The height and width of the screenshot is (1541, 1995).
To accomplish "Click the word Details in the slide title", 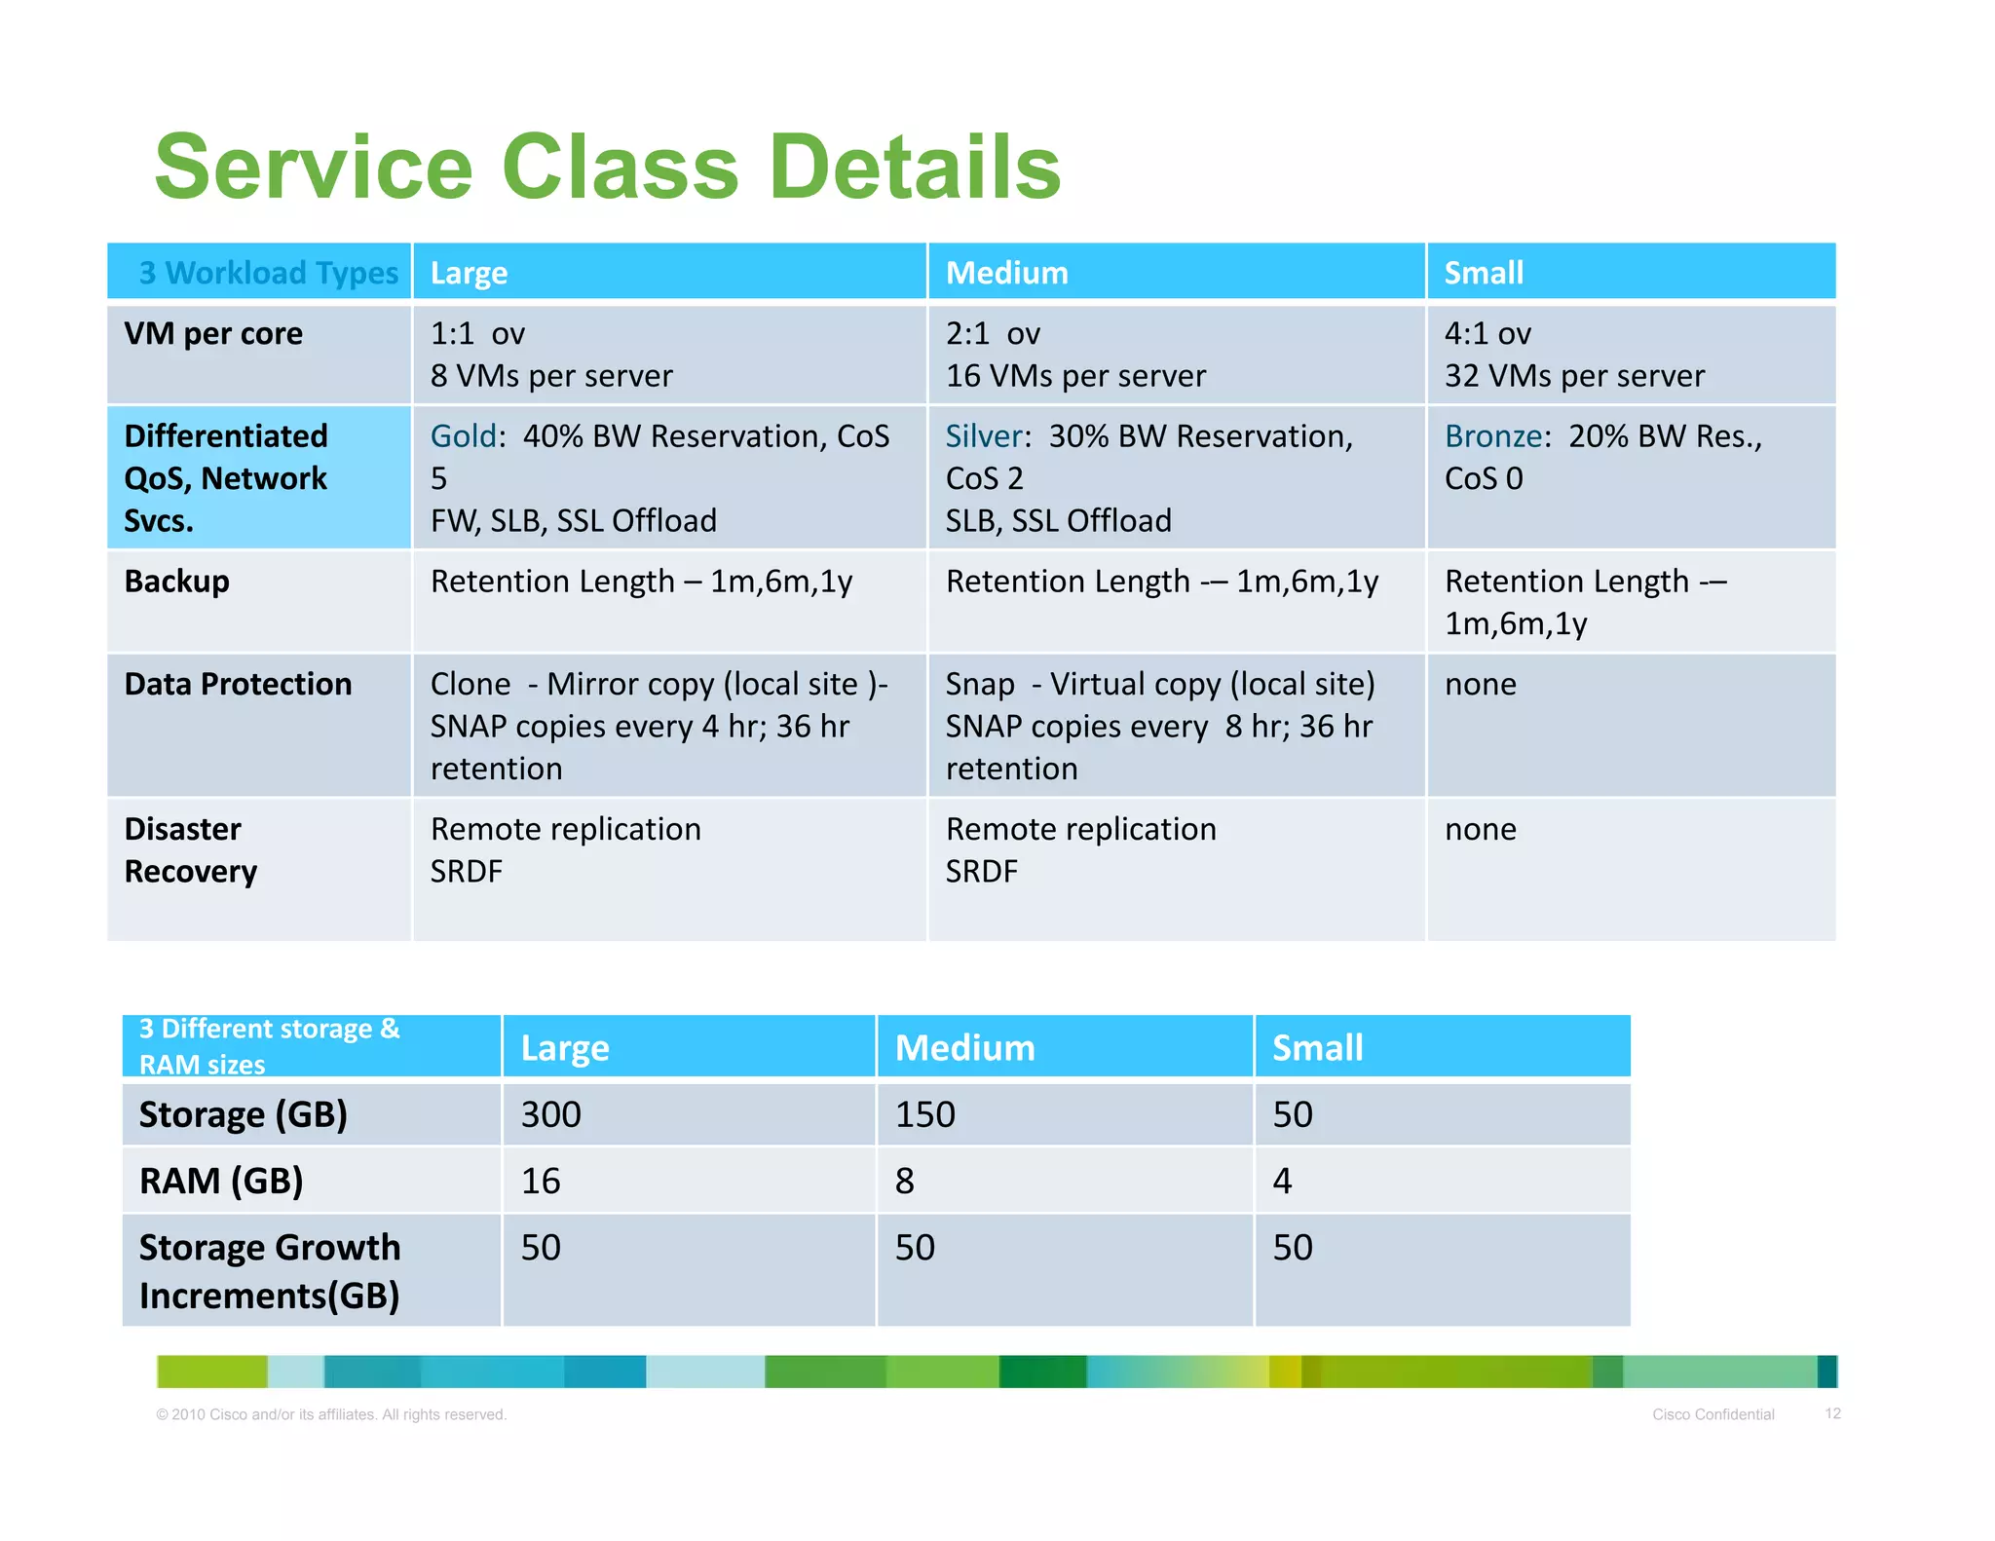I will [914, 168].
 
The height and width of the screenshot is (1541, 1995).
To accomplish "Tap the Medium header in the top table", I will [1006, 273].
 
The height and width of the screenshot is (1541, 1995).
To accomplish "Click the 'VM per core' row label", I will [213, 334].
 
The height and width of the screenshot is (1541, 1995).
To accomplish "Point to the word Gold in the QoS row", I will [463, 436].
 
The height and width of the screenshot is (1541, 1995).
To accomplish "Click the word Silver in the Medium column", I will [983, 436].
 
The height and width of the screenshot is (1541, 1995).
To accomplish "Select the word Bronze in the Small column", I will [1492, 436].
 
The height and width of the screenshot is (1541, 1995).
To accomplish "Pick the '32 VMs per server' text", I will [1573, 376].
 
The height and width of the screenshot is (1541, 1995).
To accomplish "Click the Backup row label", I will [176, 582].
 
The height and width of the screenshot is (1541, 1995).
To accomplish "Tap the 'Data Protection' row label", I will [238, 685].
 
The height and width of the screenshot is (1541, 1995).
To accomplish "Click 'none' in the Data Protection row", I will [1480, 685].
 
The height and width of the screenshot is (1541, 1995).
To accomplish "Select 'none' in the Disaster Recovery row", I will [1480, 830].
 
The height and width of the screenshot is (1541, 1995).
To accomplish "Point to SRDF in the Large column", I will [466, 872].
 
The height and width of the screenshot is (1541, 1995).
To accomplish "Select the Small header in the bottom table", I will [1317, 1048].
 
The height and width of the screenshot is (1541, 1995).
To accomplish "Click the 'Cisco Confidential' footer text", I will [1713, 1414].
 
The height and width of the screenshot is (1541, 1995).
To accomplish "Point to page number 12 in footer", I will [1832, 1413].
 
